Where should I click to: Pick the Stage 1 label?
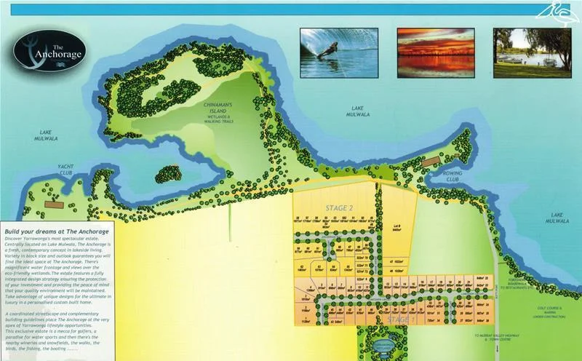(x=401, y=320)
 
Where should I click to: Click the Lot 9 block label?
(x=398, y=229)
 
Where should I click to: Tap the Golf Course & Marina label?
(x=543, y=311)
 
